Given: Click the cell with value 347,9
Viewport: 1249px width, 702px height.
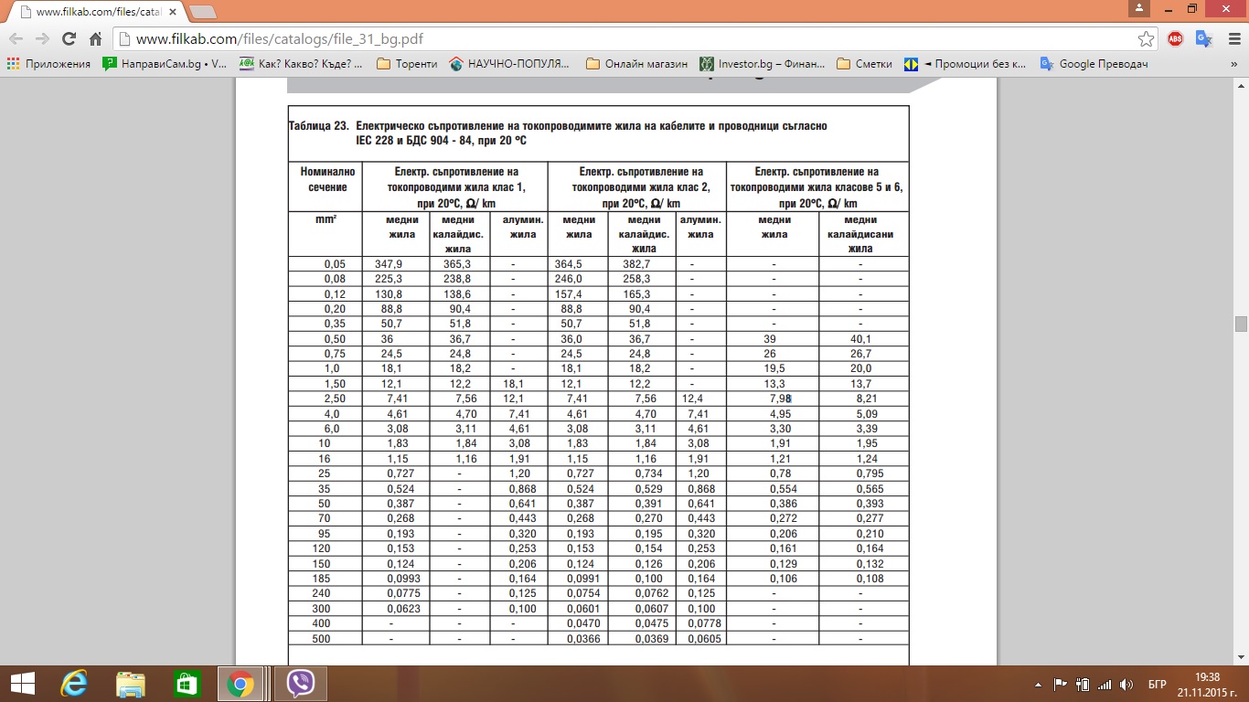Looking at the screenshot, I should [389, 264].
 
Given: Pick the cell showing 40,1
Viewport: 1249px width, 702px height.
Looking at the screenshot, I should [860, 338].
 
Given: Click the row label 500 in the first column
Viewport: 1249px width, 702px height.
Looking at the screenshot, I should [321, 638].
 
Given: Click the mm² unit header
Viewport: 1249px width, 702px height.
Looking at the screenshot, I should [325, 220].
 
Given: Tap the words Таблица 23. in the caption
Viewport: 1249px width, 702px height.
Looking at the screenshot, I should [319, 126].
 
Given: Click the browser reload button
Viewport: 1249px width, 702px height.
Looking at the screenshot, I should [69, 39].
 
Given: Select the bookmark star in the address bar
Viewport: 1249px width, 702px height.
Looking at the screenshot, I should [1146, 39].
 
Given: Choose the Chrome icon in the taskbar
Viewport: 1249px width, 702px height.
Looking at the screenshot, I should [240, 684].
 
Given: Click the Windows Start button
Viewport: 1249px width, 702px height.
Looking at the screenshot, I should [22, 684].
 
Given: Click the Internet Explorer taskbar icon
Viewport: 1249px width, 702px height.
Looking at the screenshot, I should [74, 684].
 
